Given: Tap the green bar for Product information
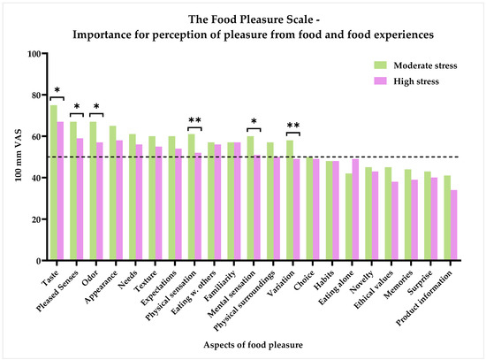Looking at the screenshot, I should (446, 218).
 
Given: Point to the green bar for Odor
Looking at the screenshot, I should (93, 191).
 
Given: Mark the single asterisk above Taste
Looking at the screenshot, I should (57, 91).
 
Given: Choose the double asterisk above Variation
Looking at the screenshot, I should (293, 125).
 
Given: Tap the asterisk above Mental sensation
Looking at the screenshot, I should (254, 121).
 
